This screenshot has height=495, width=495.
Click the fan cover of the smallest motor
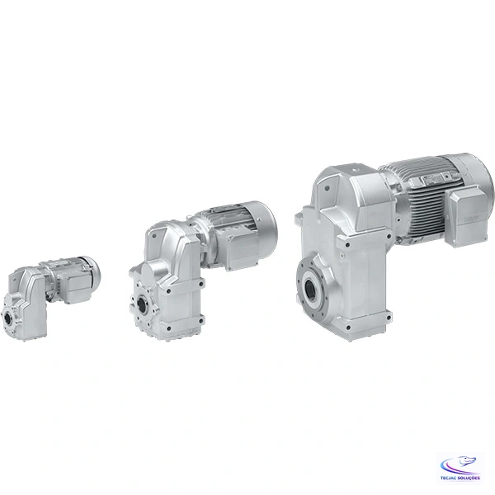coord(92,270)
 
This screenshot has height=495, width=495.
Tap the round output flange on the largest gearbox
coord(316,290)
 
